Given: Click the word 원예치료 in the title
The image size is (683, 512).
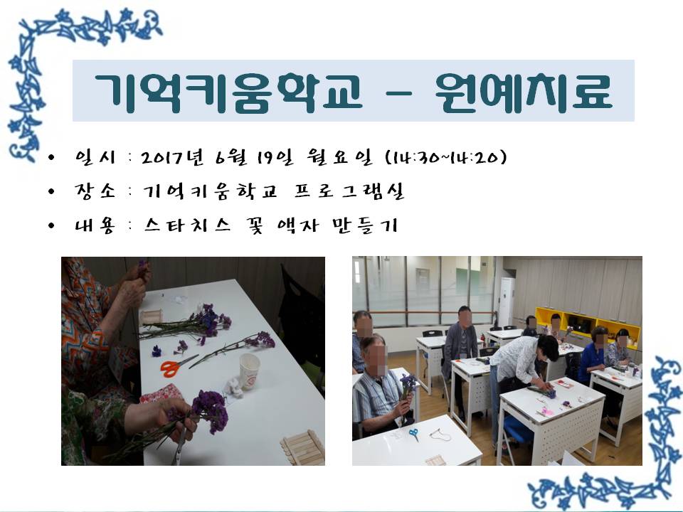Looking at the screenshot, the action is point(524,92).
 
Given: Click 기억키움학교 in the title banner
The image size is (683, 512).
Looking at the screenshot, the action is point(228,92).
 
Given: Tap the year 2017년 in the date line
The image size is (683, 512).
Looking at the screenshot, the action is point(172,157).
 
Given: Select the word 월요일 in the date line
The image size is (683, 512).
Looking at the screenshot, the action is point(340,157).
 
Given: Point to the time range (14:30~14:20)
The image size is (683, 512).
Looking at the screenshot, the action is point(447,157).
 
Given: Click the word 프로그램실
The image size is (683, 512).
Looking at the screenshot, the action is point(349,191).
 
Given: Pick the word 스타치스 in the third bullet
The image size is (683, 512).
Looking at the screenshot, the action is point(187,225).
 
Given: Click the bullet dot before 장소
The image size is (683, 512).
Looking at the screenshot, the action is point(52,191).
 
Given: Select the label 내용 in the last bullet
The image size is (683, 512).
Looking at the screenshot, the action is point(95,225).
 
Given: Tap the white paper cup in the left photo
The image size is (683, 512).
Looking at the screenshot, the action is point(249,371).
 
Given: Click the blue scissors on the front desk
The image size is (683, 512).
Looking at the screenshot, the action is point(414,434).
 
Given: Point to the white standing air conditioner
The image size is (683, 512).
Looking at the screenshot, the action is point(506,302).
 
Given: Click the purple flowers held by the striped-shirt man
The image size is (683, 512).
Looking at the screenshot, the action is point(408,387).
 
